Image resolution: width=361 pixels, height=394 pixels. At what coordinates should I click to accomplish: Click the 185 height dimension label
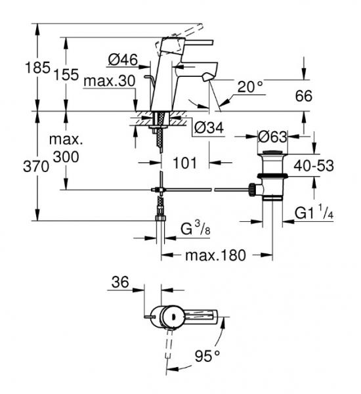point(37,68)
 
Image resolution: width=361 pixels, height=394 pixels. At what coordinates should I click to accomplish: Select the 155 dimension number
point(66,75)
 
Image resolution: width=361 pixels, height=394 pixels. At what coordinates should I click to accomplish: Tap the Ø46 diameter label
point(123,60)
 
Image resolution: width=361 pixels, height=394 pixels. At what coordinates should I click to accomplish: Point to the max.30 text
point(110,81)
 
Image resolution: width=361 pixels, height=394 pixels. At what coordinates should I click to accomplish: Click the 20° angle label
point(250,87)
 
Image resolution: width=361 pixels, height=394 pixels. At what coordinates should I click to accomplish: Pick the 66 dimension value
point(304,96)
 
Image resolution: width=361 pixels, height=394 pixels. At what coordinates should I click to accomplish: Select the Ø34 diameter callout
point(209,127)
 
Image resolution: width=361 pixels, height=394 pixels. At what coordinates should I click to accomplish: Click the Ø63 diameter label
point(272,137)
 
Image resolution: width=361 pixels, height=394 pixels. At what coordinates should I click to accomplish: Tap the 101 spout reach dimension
point(185,163)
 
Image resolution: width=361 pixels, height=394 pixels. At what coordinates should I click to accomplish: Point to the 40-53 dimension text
point(314,166)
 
